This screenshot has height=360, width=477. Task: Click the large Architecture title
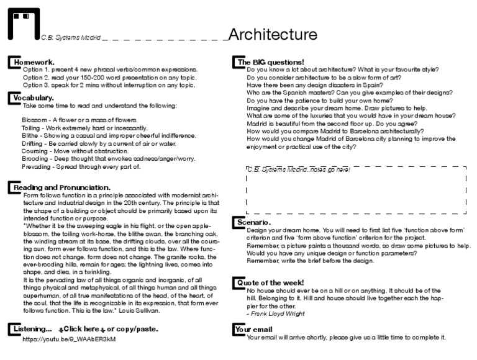273,34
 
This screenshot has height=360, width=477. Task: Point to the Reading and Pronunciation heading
61,187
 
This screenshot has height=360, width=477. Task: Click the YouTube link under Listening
69,340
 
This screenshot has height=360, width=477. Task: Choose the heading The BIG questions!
270,62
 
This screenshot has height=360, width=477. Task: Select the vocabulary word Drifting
35,143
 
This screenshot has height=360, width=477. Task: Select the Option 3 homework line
109,85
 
